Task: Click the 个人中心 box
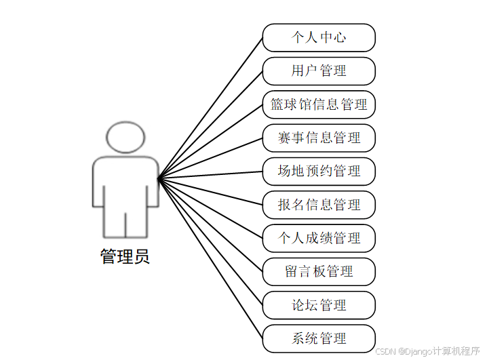point(319,37)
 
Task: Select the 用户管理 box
point(319,71)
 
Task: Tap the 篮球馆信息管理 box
point(319,104)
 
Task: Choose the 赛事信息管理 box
point(319,138)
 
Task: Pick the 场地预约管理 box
point(319,171)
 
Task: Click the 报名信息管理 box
point(319,205)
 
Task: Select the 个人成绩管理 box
point(319,238)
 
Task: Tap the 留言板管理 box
point(319,271)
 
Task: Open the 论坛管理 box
point(319,305)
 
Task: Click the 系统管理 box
point(319,338)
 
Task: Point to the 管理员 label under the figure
point(125,257)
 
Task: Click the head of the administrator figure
point(125,137)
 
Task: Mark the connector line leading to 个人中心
point(210,108)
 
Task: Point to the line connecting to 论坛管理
point(210,242)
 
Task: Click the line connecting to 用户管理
point(210,125)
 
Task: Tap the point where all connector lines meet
point(158,179)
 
